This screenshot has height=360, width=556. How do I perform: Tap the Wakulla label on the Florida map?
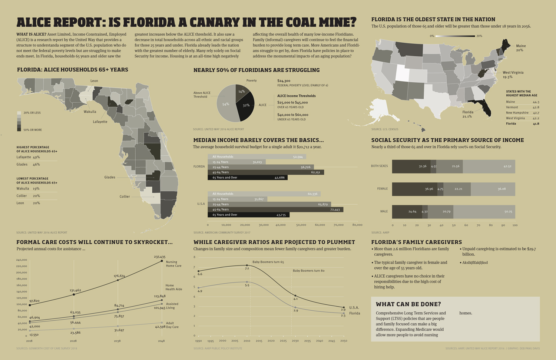click(x=90, y=112)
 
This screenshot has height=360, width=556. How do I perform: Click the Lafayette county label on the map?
click(x=100, y=122)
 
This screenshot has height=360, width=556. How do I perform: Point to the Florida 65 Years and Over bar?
click(x=248, y=178)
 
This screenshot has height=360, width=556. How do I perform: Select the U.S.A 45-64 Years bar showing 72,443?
click(x=275, y=209)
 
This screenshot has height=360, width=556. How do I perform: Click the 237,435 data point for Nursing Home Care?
click(x=162, y=261)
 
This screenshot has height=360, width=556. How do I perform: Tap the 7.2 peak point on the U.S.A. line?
click(x=247, y=265)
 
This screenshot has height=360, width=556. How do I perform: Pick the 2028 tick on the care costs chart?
click(x=73, y=341)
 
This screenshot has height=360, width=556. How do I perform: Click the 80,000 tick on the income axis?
click(x=357, y=225)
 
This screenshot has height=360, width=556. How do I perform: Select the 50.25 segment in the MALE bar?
click(x=484, y=212)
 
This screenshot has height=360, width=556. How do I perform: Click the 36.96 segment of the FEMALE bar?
click(x=414, y=189)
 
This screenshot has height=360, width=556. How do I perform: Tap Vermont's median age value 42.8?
click(x=536, y=107)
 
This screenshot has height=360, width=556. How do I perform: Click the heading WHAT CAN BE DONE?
click(x=408, y=304)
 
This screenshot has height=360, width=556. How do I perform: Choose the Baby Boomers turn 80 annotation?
click(x=308, y=271)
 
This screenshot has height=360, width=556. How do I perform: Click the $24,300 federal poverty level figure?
click(x=284, y=81)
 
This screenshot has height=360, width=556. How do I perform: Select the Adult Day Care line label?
click(x=172, y=325)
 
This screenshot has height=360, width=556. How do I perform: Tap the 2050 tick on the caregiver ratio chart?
click(x=344, y=341)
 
